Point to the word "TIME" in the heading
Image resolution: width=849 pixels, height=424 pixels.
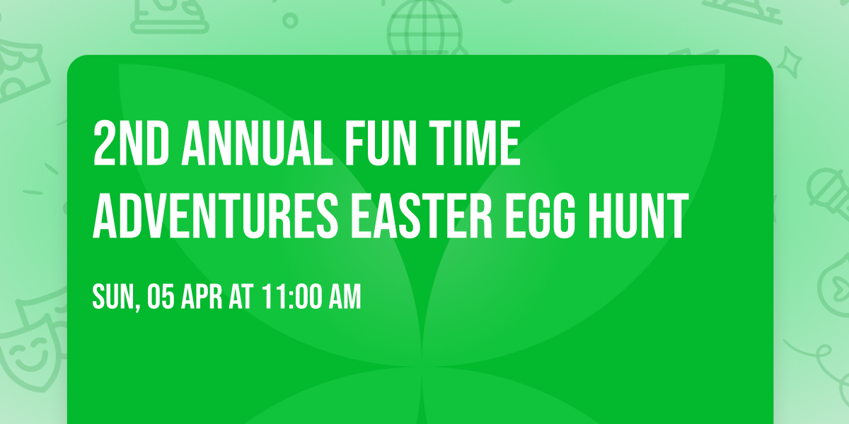coord(476,144)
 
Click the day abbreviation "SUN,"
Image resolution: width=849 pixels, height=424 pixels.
coord(115,298)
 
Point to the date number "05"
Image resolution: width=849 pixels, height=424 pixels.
coord(161,298)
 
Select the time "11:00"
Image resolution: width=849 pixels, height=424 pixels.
coord(290,298)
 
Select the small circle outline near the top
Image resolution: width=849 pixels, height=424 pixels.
coord(290,20)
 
